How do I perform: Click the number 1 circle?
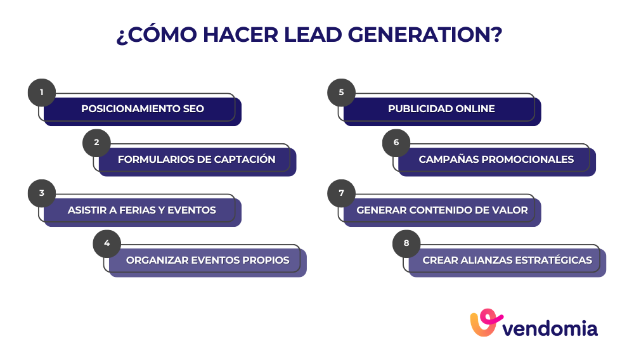[x=42, y=93]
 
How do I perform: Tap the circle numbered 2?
[x=96, y=143]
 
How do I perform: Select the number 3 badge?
[x=42, y=193]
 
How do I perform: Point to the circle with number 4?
[x=107, y=243]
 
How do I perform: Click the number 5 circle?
[x=341, y=93]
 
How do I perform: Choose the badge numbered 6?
[x=396, y=143]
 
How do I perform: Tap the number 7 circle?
[x=341, y=193]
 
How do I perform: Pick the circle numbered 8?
[x=406, y=243]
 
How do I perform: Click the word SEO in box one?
[x=191, y=108]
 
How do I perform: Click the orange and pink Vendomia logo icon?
[x=486, y=324]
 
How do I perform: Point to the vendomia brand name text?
[x=550, y=328]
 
